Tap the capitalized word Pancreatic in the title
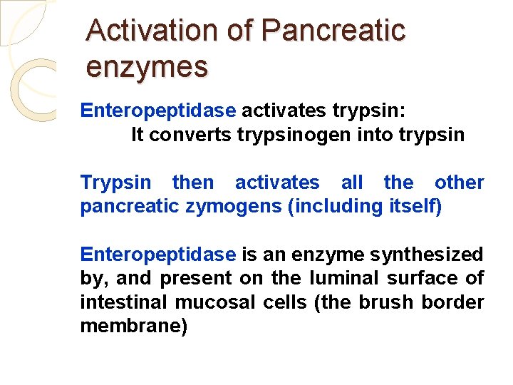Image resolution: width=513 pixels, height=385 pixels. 333,31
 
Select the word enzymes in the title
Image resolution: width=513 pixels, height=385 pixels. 147,67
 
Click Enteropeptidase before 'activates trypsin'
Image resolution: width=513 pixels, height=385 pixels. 157,111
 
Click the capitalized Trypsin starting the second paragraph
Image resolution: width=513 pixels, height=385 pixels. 115,183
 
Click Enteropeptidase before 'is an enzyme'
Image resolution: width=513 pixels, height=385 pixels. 157,255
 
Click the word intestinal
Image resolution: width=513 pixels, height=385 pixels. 124,302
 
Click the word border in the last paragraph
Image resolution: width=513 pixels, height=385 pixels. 452,302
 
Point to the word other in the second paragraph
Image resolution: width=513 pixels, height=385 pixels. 459,183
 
